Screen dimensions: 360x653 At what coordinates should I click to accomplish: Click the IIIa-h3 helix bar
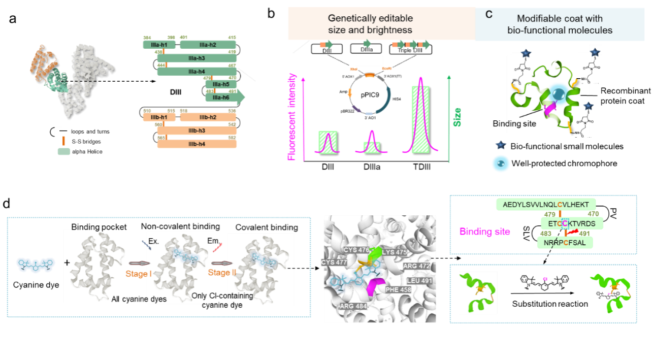tap(197, 58)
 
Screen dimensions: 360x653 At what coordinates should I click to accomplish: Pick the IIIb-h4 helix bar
tap(197, 144)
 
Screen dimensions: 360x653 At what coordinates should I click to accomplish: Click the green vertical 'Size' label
tap(457, 117)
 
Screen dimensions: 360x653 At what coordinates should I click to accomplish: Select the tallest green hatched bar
tap(420, 119)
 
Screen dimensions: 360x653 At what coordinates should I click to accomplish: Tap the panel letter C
tap(489, 14)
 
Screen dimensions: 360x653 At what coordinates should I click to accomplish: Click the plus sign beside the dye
tap(67, 263)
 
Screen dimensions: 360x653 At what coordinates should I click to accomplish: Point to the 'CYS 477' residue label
tap(333, 262)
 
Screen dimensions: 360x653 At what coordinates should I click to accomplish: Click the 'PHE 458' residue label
tap(398, 290)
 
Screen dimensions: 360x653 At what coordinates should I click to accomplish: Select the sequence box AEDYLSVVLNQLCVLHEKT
tap(546, 204)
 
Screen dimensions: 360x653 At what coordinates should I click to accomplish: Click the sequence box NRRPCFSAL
tap(565, 242)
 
